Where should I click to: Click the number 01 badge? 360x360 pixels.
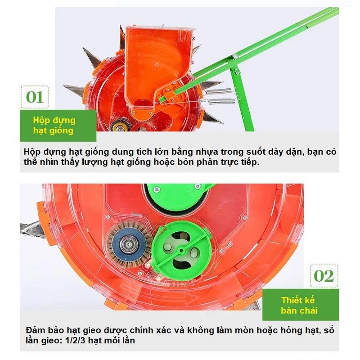35,97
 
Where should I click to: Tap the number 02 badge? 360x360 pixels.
324,276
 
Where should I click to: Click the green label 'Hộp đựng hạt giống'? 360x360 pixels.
58,126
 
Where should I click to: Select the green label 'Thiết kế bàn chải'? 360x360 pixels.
300,305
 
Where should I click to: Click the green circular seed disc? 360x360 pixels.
182,251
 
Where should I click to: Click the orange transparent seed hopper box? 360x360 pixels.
158,69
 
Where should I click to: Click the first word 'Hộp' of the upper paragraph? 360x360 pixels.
32,152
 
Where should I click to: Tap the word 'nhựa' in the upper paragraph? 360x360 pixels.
207,152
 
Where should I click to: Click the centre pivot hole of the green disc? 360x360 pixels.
181,250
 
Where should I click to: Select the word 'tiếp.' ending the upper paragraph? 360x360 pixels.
251,162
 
